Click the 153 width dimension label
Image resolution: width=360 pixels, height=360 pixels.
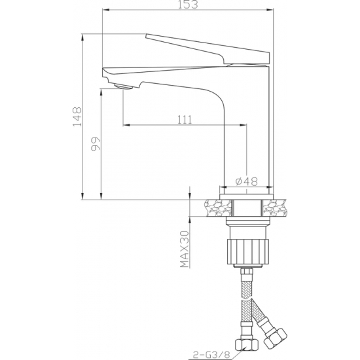[188, 5]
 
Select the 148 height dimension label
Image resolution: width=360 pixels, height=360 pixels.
[77, 117]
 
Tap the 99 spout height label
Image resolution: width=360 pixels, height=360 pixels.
[96, 144]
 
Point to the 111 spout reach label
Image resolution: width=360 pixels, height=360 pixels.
[185, 120]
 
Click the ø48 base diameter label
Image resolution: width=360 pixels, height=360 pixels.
[247, 181]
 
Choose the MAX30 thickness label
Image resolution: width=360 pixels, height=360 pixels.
[185, 249]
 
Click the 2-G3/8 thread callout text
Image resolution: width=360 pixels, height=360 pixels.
[211, 354]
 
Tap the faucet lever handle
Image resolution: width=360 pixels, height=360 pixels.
[207, 49]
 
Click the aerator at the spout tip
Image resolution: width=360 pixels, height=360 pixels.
[124, 87]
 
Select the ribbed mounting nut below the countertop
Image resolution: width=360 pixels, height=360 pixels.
[247, 251]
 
